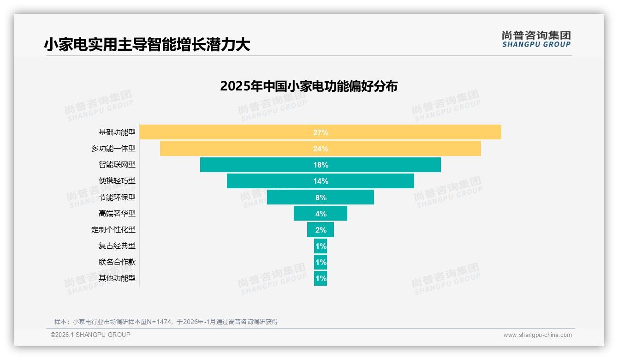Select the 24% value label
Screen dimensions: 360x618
tap(321, 149)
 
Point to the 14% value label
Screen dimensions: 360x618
tap(321, 181)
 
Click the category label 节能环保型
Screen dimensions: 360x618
tap(117, 197)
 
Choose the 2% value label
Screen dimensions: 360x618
tap(321, 230)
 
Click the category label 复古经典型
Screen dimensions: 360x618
tap(117, 246)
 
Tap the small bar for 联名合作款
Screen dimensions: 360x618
tap(321, 262)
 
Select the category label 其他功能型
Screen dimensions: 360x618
tap(117, 278)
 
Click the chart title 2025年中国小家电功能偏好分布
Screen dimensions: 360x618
tap(309, 86)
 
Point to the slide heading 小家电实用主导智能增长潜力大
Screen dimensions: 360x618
tap(147, 45)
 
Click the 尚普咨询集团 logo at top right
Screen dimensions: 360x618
tap(536, 39)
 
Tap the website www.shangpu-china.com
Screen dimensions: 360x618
tap(537, 335)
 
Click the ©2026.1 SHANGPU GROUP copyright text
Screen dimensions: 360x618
tap(90, 335)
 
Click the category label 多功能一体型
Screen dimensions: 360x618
tap(113, 149)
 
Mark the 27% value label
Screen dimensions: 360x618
tap(321, 132)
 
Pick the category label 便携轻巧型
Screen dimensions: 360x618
tap(117, 181)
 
